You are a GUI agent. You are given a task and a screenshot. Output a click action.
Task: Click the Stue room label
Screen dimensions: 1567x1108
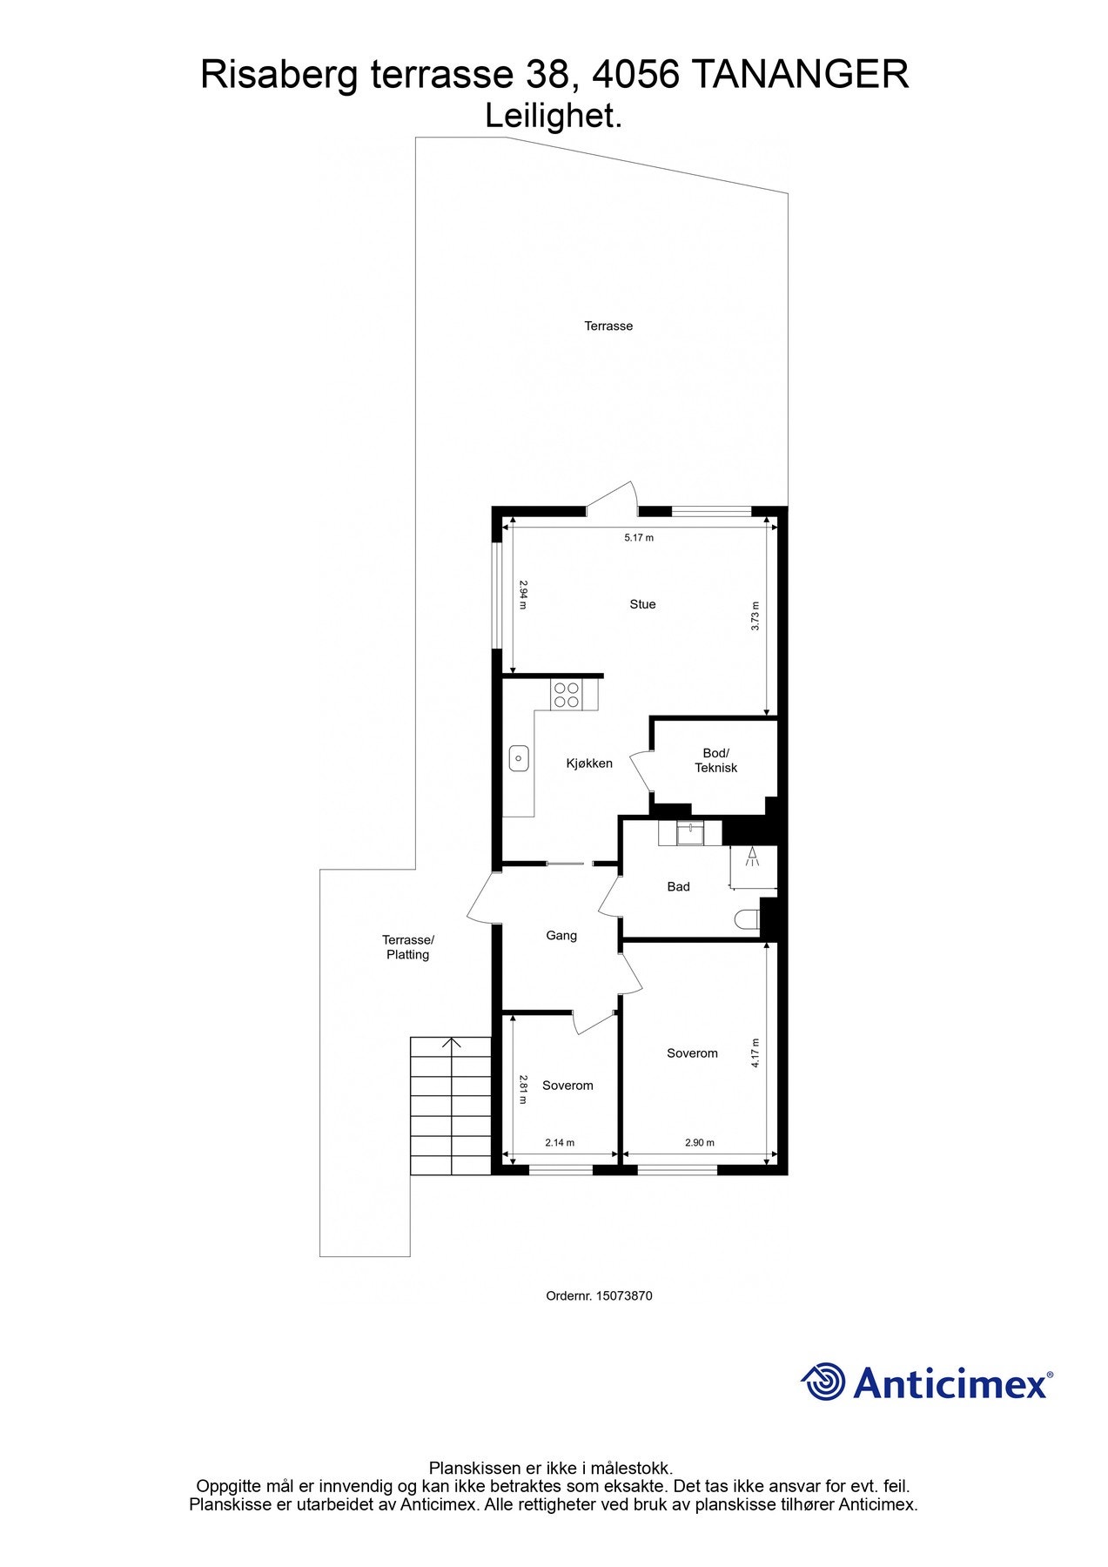(x=642, y=604)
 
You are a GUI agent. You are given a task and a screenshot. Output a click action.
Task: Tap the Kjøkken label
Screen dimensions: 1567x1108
(x=589, y=763)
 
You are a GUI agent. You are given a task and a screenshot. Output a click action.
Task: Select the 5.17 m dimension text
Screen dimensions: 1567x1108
(x=638, y=538)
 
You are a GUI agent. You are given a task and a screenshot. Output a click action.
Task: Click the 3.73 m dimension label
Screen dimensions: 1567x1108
(x=755, y=616)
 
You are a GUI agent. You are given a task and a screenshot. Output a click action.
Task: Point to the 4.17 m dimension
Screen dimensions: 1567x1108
(x=755, y=1053)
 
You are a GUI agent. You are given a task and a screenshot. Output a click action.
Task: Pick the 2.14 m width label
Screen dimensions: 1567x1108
(x=560, y=1143)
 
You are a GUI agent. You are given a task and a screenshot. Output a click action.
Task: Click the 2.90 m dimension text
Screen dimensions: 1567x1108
(x=699, y=1143)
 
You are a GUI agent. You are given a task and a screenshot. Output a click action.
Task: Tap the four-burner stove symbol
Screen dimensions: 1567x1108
(x=566, y=694)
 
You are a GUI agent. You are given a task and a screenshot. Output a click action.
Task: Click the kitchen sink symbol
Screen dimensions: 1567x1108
(x=519, y=758)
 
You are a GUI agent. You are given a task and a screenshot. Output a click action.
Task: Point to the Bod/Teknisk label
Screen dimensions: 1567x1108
(x=715, y=760)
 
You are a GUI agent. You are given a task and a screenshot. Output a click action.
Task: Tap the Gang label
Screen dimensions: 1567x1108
(x=561, y=936)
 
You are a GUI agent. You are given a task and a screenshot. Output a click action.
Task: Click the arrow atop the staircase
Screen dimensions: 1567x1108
(x=452, y=1042)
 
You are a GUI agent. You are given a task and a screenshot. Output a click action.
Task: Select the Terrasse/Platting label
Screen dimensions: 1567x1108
(x=407, y=947)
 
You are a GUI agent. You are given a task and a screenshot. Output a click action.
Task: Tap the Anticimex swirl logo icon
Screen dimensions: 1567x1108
(x=823, y=1382)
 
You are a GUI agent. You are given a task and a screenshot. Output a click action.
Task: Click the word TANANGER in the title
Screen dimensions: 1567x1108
(x=800, y=75)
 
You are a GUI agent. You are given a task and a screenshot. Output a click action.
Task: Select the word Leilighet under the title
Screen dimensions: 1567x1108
(x=552, y=117)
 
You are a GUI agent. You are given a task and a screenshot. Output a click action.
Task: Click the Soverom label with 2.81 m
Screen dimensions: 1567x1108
(x=567, y=1086)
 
